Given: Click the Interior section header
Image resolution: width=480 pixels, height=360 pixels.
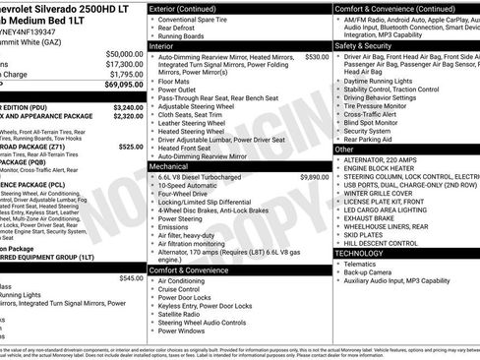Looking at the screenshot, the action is (167, 45).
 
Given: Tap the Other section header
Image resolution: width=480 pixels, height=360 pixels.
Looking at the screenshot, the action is (346, 150).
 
